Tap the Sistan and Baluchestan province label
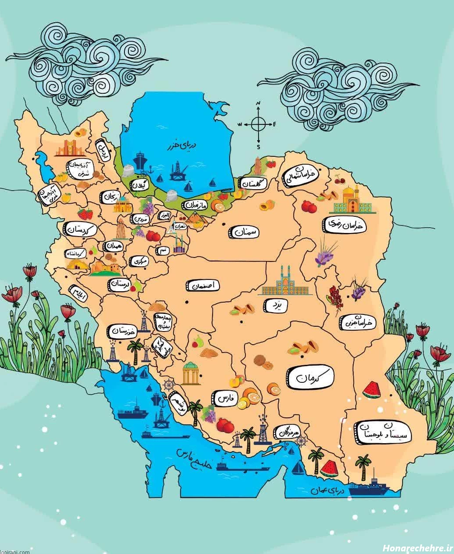(383, 432)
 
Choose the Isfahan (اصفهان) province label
(203, 286)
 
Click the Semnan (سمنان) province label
(244, 232)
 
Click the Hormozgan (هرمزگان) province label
(287, 433)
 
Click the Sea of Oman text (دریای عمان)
(328, 491)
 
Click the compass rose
(258, 124)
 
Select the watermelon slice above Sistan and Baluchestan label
(372, 389)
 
